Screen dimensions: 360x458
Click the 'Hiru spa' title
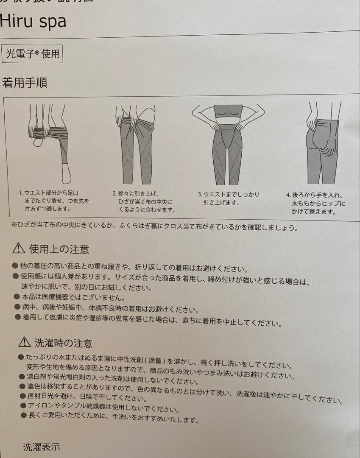click(33, 21)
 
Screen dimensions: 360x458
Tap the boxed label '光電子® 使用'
click(32, 54)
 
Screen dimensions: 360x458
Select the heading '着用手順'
click(25, 82)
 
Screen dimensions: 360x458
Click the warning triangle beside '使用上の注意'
click(19, 248)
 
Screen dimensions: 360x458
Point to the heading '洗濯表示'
click(41, 447)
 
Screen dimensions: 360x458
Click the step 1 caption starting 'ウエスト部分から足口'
click(54, 201)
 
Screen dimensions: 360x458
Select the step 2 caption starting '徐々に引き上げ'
click(144, 201)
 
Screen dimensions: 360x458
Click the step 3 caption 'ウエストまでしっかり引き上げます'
click(229, 198)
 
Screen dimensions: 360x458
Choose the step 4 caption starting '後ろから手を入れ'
click(315, 203)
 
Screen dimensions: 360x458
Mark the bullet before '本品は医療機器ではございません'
click(17, 296)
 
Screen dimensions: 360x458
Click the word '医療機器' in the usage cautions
click(55, 297)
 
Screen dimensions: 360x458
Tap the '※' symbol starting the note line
click(14, 224)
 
